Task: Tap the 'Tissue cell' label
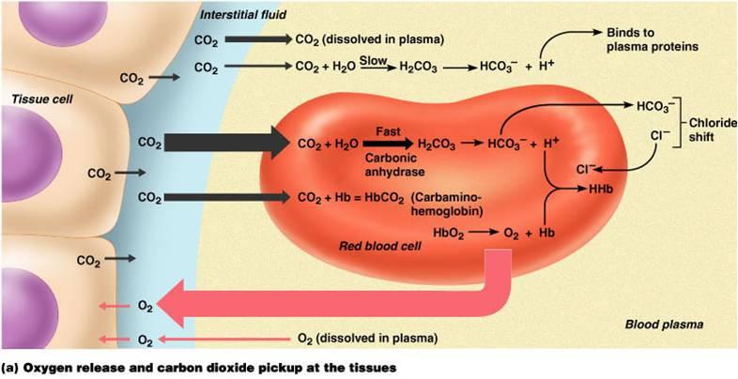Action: pyautogui.click(x=35, y=99)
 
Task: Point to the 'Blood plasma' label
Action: pyautogui.click(x=665, y=325)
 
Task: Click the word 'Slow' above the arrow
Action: pyautogui.click(x=373, y=59)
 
